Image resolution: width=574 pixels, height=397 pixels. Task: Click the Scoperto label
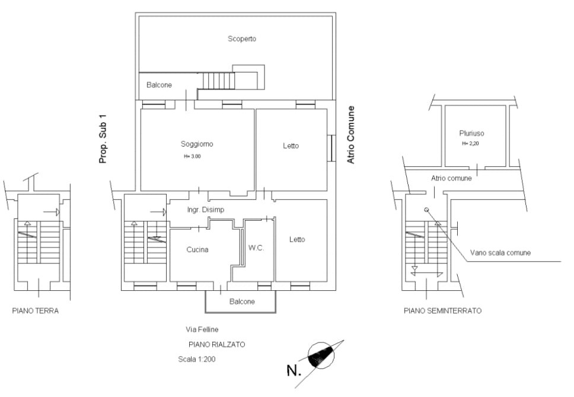click(241, 39)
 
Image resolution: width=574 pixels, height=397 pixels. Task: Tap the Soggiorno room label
click(197, 144)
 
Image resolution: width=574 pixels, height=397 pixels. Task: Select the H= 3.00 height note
click(192, 157)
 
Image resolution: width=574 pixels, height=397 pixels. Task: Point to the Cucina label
click(197, 249)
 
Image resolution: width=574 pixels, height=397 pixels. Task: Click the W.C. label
click(256, 248)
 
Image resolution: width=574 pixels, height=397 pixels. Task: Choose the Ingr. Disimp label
click(205, 210)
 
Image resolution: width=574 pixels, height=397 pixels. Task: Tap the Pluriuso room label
click(471, 134)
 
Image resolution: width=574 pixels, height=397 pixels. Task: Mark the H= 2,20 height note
click(470, 144)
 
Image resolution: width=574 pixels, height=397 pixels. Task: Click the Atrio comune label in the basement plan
click(451, 179)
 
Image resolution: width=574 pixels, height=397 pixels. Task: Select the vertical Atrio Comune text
click(350, 135)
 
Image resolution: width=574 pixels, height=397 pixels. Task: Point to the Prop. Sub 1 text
click(103, 139)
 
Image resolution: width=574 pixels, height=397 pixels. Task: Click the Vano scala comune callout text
click(500, 253)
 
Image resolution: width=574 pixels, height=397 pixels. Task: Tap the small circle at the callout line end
click(426, 210)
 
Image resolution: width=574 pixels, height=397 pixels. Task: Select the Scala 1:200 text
click(197, 359)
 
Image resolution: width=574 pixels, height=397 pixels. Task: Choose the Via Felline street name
click(202, 329)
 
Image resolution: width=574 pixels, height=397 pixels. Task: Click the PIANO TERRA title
click(36, 311)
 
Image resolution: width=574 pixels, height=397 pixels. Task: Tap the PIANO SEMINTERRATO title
click(442, 311)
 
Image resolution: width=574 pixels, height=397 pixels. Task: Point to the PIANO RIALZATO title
click(216, 345)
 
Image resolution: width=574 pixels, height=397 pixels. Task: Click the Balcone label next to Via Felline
click(242, 301)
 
